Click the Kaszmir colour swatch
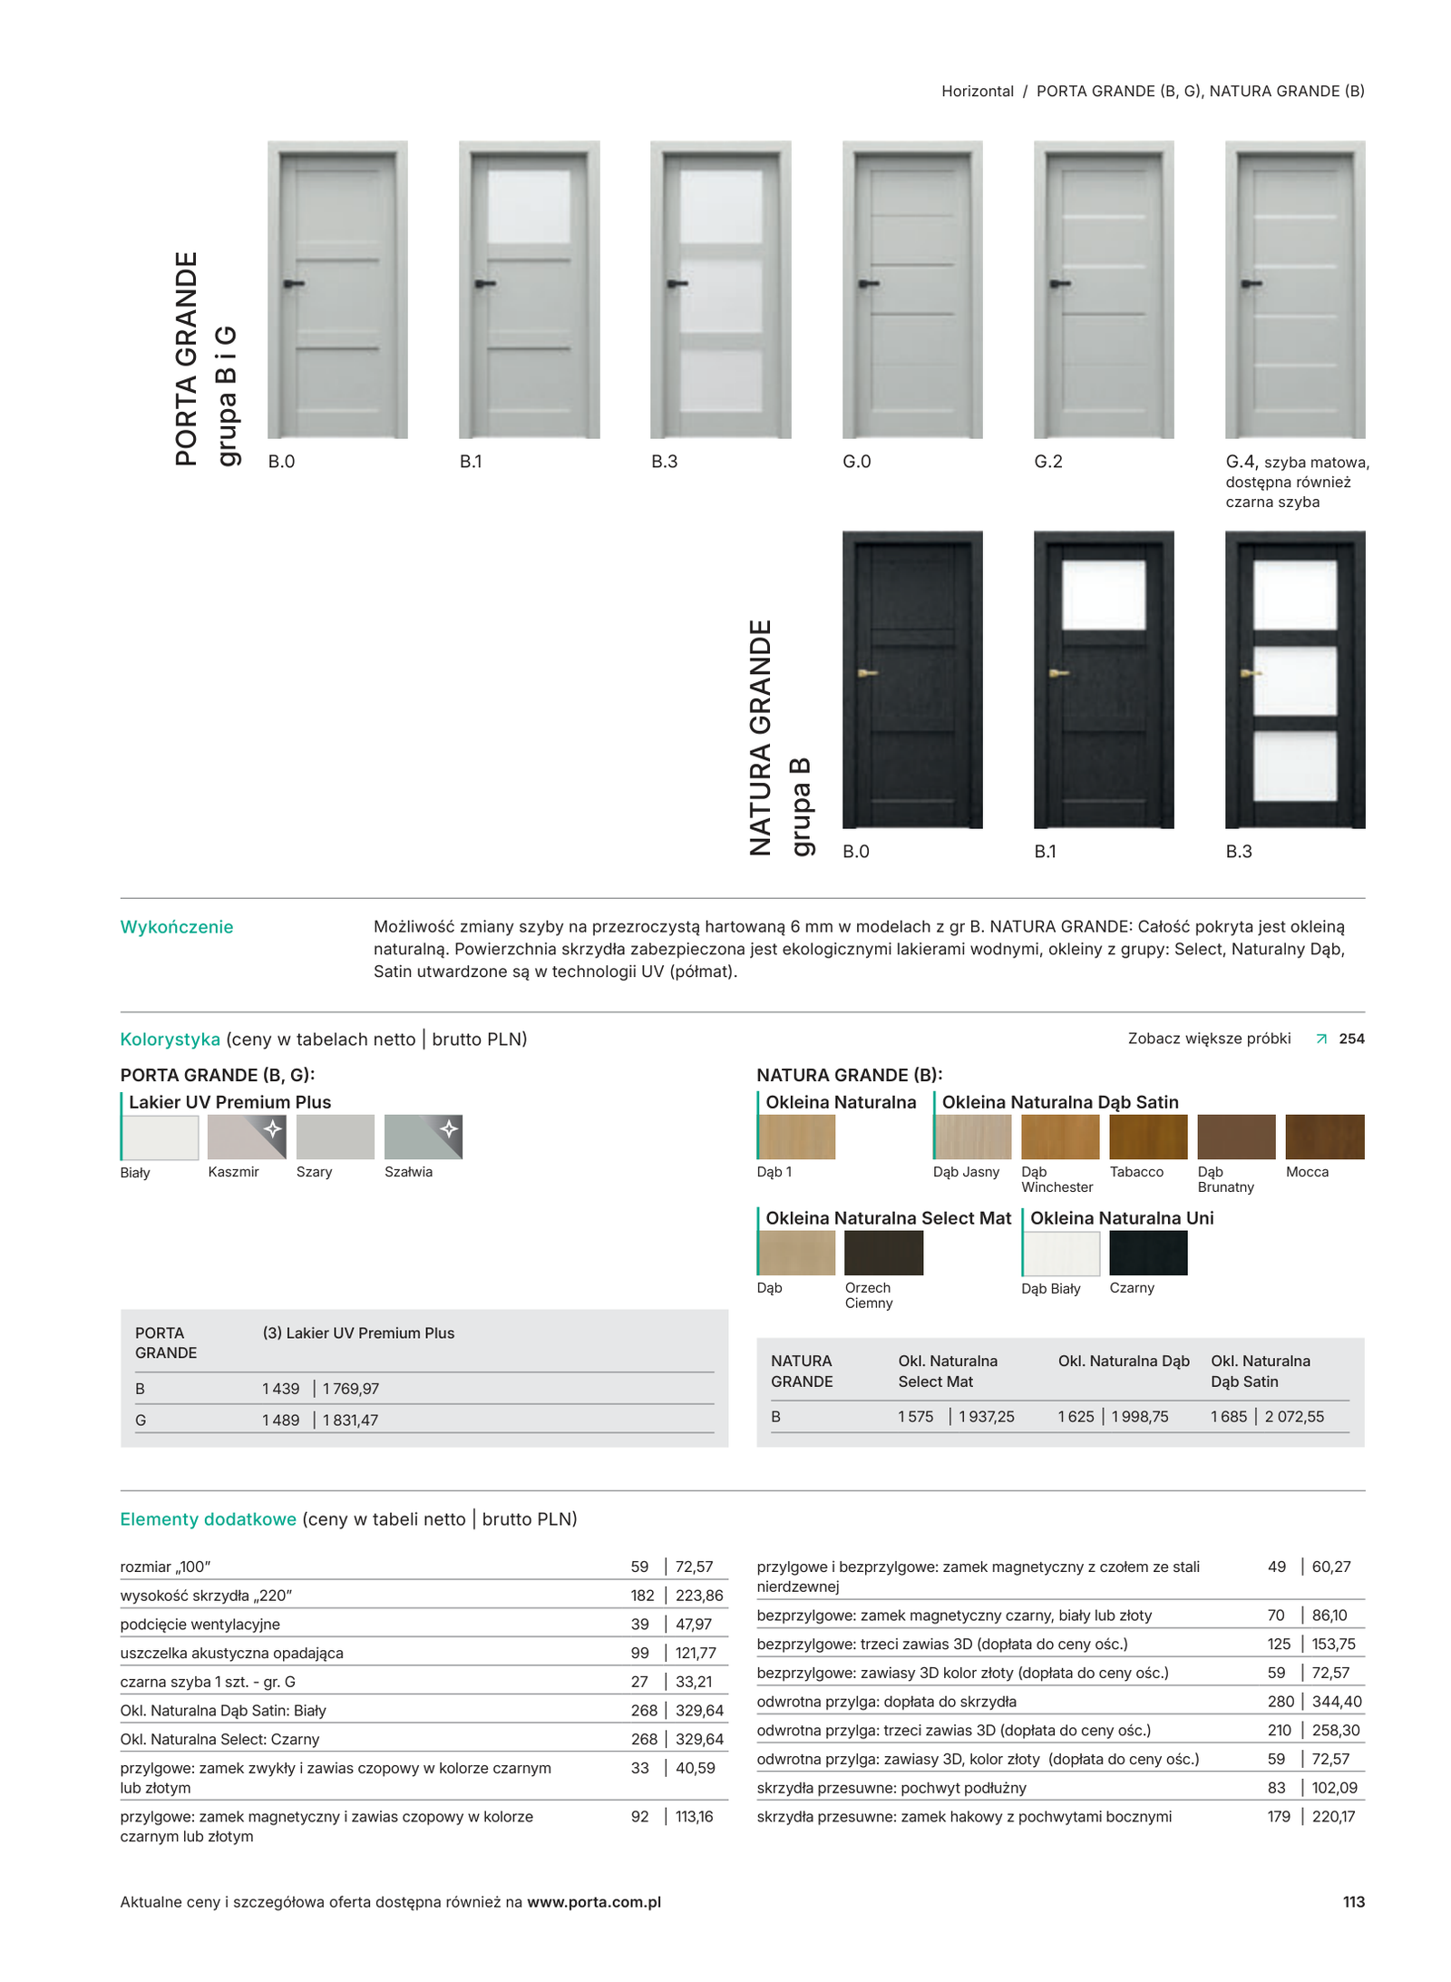(x=246, y=1136)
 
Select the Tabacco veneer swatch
(x=1147, y=1136)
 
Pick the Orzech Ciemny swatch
(x=882, y=1252)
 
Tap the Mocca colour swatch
(x=1324, y=1136)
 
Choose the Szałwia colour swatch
(x=423, y=1136)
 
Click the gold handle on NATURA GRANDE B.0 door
(x=867, y=673)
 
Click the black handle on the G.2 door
(x=1060, y=284)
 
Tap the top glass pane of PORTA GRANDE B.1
(x=529, y=206)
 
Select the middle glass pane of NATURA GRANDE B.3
(x=1294, y=679)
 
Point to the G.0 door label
(x=856, y=462)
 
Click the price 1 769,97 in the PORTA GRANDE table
(x=350, y=1388)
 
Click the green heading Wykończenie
(x=177, y=927)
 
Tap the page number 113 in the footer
(x=1353, y=1901)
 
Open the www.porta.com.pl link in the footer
(x=593, y=1901)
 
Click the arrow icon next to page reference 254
(x=1321, y=1039)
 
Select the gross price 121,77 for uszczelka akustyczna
(x=696, y=1653)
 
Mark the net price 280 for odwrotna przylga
(x=1281, y=1701)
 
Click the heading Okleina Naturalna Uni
(x=1121, y=1218)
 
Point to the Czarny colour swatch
(x=1147, y=1252)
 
